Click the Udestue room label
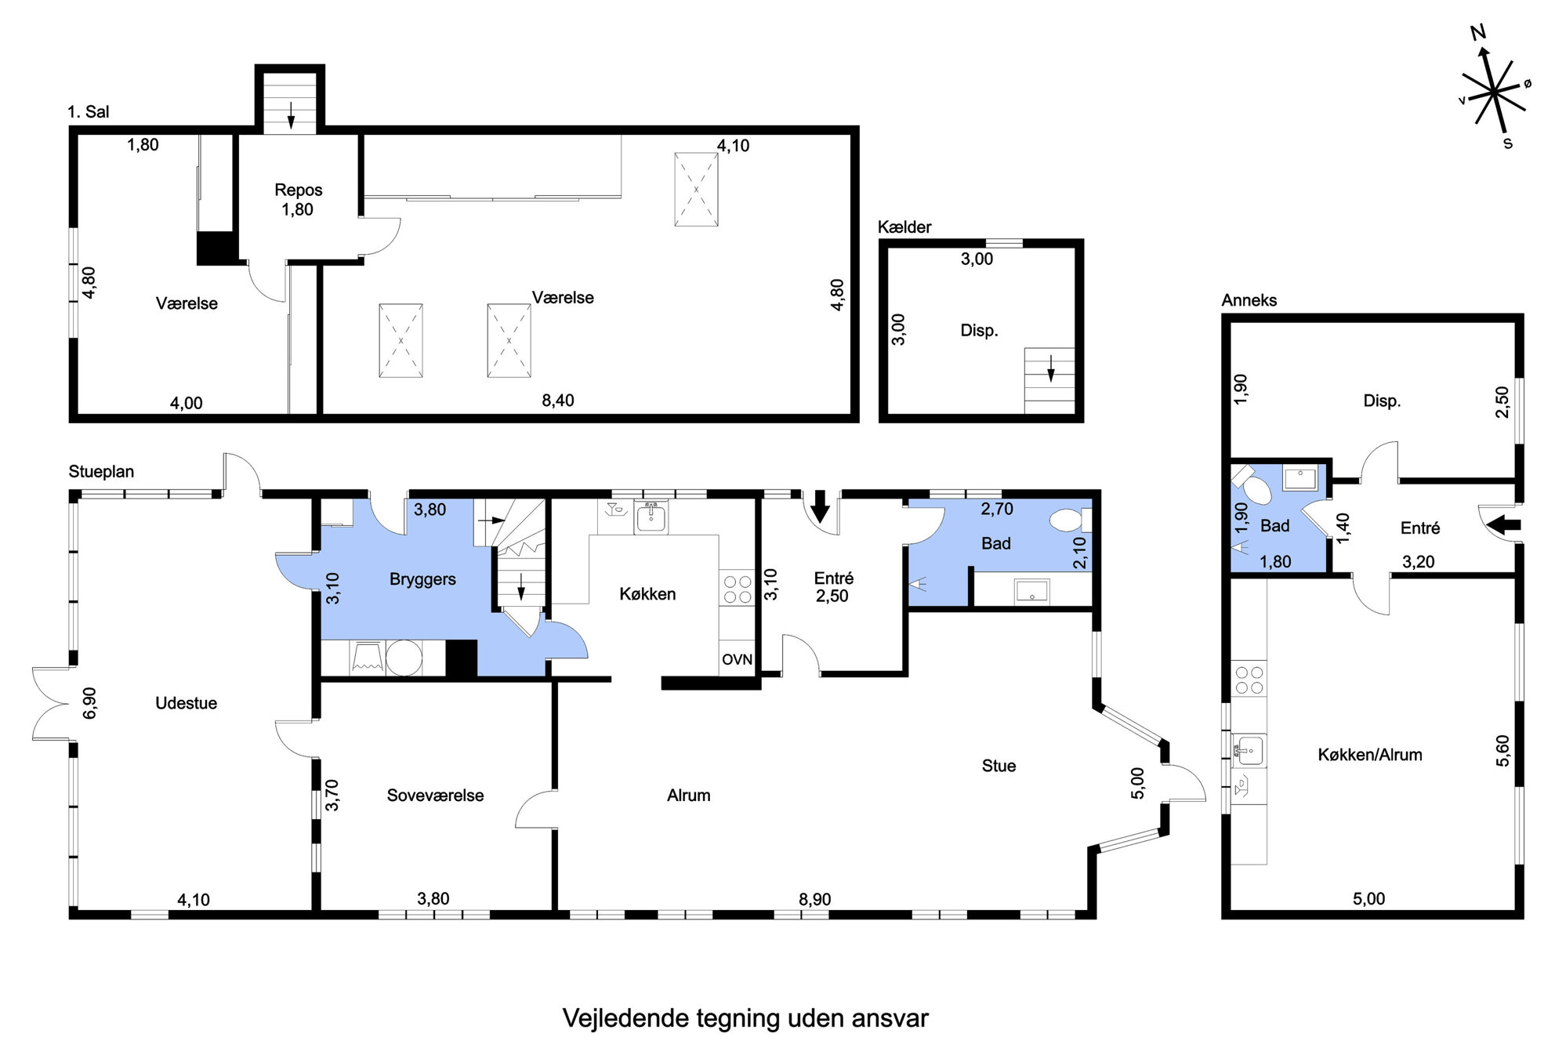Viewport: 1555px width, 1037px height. pos(186,703)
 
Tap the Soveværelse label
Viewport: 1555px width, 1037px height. pos(435,796)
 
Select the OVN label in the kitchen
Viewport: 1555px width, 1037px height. pos(737,660)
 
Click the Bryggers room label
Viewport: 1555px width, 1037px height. pos(422,579)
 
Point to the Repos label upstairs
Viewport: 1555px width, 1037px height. pos(298,190)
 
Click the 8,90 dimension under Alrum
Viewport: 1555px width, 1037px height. pos(814,900)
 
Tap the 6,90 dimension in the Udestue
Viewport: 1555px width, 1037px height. pos(90,703)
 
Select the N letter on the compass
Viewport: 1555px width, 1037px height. pos(1478,33)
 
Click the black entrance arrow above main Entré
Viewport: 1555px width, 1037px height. pos(820,506)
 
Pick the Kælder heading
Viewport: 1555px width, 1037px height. pos(904,227)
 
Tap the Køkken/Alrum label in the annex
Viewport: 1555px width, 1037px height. pos(1369,755)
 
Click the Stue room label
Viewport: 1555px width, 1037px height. pos(999,766)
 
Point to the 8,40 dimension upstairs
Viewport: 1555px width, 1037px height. pos(558,401)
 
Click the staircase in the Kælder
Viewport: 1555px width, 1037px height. pos(1049,381)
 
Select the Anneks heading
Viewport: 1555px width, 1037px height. pos(1249,300)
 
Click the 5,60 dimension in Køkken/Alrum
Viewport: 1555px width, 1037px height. pos(1502,751)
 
